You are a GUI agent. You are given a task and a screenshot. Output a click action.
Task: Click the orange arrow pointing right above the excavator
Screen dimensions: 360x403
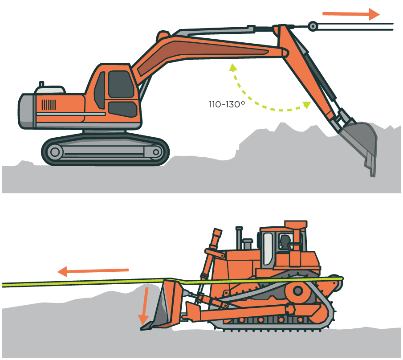tap(350, 14)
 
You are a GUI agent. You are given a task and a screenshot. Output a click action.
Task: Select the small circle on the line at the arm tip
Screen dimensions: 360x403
tap(313, 27)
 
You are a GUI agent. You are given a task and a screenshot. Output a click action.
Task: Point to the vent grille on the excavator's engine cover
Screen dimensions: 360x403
tap(49, 105)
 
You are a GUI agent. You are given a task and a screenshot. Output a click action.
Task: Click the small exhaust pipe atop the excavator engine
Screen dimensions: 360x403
tap(42, 84)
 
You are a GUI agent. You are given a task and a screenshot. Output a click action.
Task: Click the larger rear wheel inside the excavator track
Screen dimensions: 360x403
tap(55, 152)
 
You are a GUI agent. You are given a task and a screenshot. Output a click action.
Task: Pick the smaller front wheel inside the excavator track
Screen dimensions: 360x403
tap(155, 152)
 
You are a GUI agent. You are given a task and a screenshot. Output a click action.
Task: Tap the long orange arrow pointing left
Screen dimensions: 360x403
tap(93, 270)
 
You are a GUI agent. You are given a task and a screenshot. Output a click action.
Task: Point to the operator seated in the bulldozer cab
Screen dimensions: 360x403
tap(284, 243)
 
